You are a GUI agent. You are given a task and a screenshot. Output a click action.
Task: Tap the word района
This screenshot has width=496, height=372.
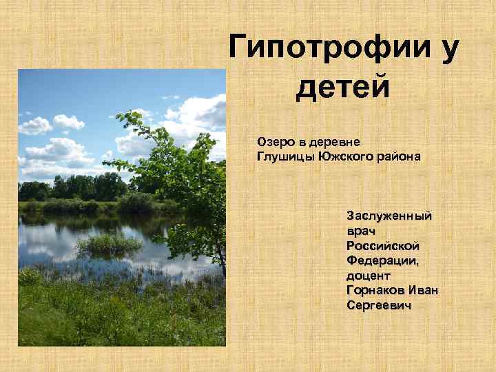click(397, 156)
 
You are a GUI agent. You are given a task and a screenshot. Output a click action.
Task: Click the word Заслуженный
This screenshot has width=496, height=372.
click(389, 216)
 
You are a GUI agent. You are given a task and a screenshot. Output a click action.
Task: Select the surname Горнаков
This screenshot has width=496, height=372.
click(376, 290)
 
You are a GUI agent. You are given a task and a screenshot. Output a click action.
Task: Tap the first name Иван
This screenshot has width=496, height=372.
click(423, 290)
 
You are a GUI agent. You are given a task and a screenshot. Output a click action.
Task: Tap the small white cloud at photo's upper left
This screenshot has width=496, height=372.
click(35, 125)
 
